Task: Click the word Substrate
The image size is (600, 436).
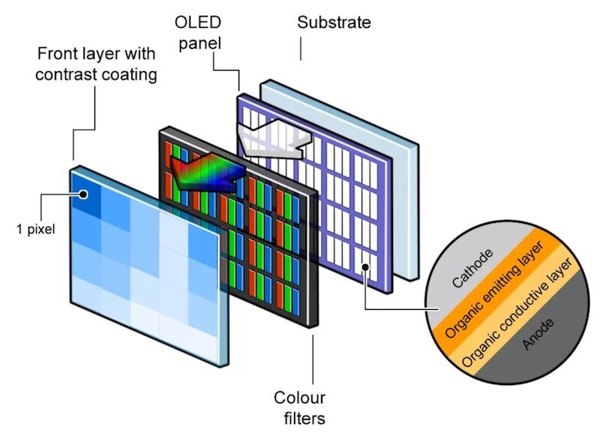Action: pos(334,22)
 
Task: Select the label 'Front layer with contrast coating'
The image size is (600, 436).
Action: pos(98,64)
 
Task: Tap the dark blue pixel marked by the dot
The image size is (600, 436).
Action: pos(84,194)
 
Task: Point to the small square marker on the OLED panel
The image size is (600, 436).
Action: pos(366,266)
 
